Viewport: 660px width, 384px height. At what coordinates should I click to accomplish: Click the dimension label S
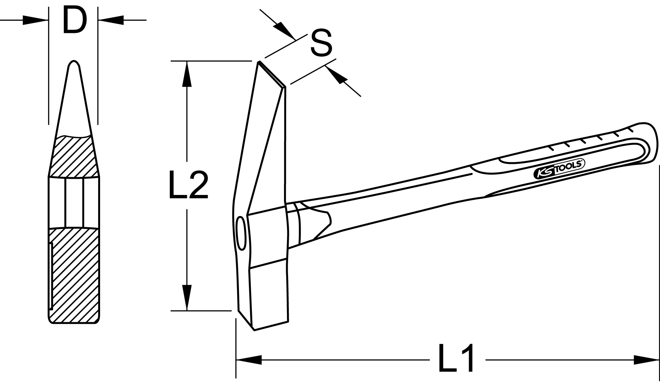pos(321,43)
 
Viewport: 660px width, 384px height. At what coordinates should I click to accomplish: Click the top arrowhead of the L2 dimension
pos(187,74)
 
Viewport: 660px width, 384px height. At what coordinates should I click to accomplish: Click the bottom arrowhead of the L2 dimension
pos(187,297)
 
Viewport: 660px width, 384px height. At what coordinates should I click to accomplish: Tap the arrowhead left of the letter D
pos(35,20)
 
